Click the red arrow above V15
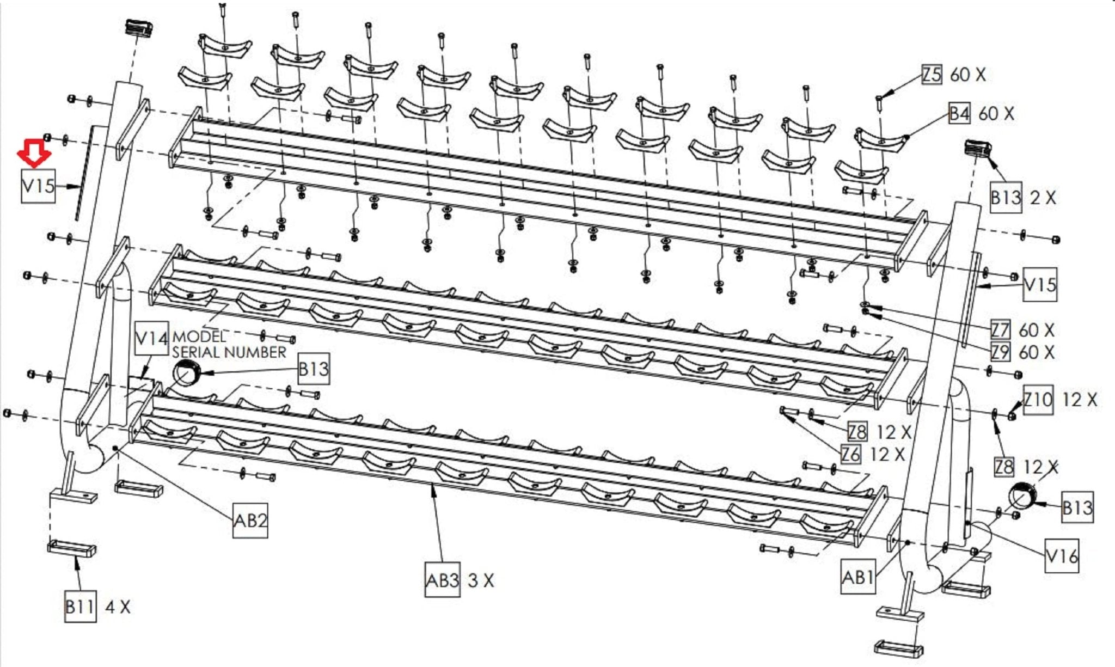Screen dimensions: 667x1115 34,154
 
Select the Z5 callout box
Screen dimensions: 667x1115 932,75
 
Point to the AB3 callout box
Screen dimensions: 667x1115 442,580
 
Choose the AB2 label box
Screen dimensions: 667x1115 250,521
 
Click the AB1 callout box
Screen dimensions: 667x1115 857,577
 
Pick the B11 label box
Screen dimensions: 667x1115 80,607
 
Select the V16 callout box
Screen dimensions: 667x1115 1062,556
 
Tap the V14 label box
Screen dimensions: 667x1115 151,339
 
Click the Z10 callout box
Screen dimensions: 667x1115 1038,400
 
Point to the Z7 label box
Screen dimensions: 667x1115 1000,330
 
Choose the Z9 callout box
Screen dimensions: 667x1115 1000,352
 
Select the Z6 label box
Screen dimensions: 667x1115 850,454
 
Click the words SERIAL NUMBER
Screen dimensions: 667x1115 229,352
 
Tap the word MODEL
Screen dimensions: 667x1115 199,337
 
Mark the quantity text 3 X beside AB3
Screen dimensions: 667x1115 481,580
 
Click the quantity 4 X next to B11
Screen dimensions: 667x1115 118,607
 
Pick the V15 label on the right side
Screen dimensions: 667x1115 1040,285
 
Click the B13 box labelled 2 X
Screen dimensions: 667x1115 1005,197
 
